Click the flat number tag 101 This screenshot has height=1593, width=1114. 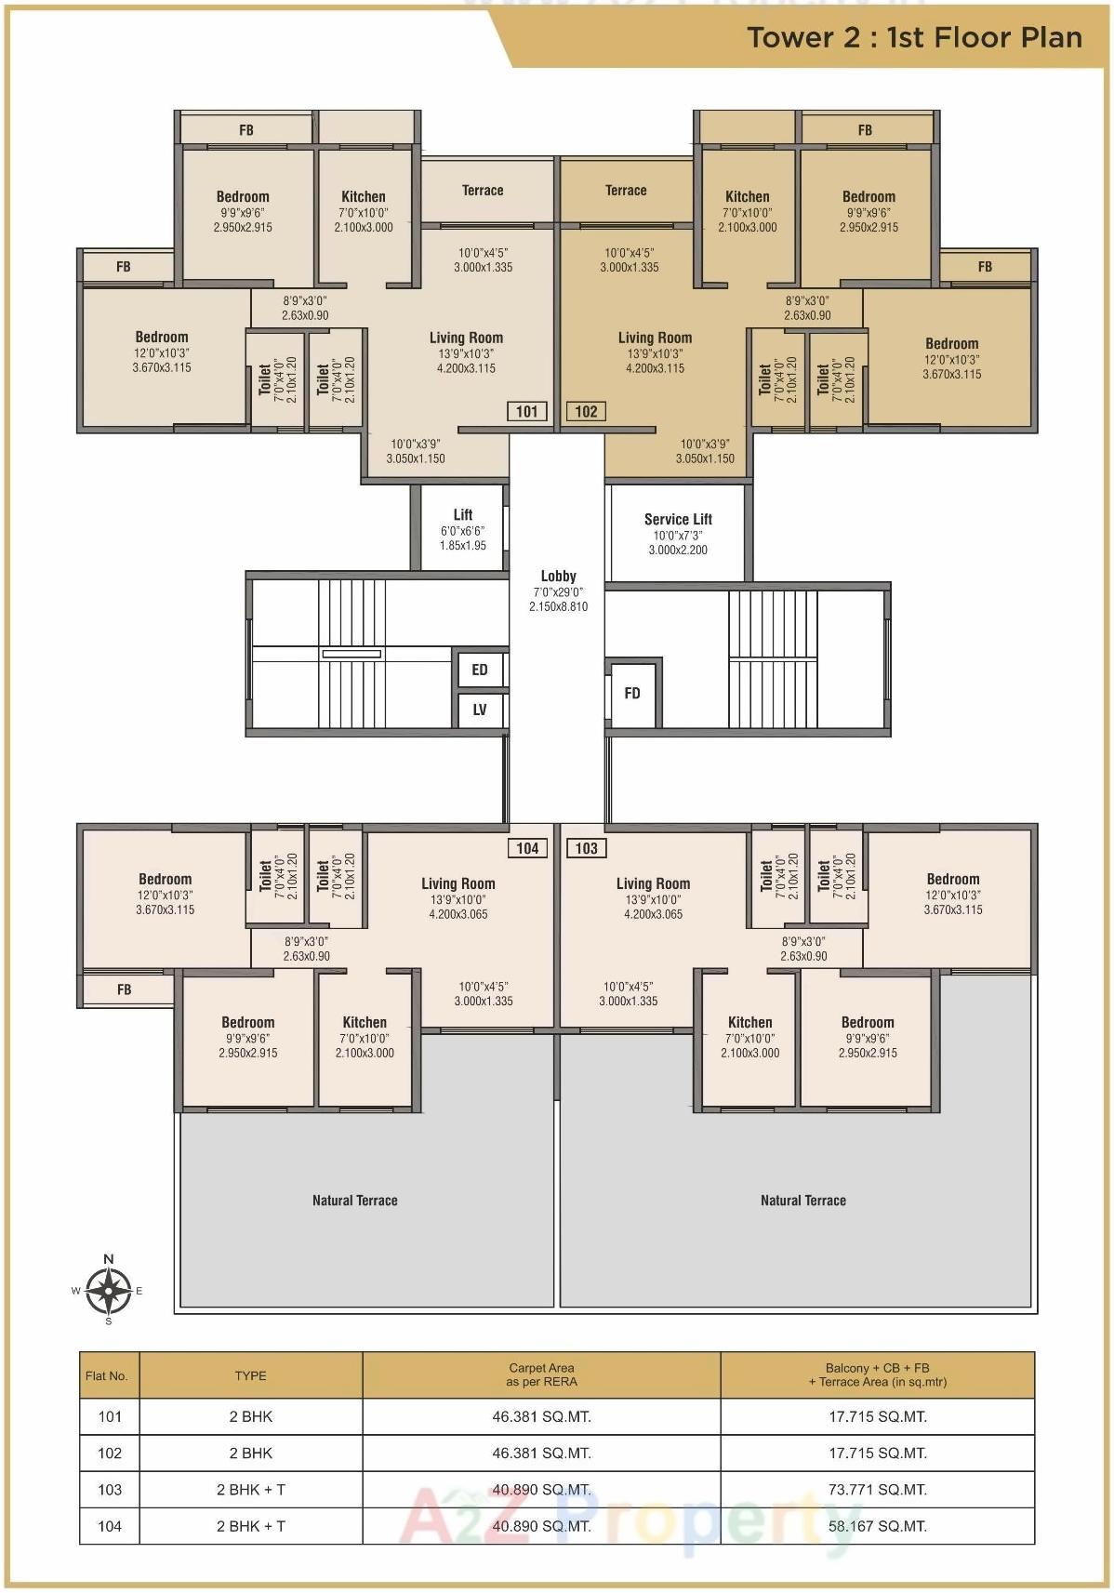coord(526,411)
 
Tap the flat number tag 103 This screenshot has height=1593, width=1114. coord(586,847)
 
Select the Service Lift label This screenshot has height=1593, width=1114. coord(678,520)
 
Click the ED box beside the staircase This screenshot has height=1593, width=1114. coord(480,670)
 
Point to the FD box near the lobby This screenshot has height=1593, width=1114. coord(632,693)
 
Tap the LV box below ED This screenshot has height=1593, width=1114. coord(480,710)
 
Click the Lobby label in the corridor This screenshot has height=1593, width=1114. coord(558,577)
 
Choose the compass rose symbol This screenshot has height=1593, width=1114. coord(109,1290)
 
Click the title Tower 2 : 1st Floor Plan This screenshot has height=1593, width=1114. coord(914,37)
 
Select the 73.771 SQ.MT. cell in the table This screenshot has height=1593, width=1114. coord(877,1489)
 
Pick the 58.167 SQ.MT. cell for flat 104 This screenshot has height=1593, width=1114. coord(877,1525)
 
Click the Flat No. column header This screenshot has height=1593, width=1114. coord(107,1375)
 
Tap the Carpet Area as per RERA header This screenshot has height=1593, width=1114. coord(541,1374)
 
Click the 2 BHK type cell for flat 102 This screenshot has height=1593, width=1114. coord(251,1453)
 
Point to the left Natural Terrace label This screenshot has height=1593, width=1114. coord(354,1201)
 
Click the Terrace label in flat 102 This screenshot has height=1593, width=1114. coord(626,191)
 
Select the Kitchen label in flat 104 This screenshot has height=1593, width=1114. coord(365,1022)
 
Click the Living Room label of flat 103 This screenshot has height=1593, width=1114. coord(653,883)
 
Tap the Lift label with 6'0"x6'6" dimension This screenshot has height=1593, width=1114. coord(463,515)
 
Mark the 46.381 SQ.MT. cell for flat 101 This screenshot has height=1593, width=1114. coord(541,1416)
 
